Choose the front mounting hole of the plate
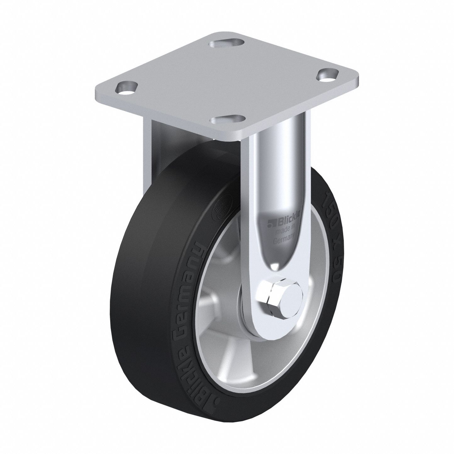click(x=227, y=121)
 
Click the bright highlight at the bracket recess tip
click(x=276, y=266)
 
